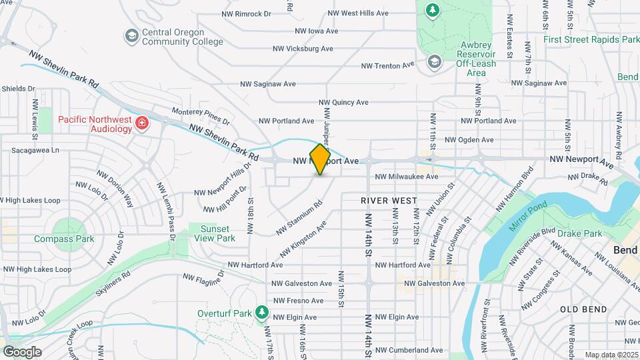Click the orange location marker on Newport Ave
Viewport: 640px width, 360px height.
320,159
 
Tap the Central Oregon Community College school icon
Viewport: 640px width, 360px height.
131,35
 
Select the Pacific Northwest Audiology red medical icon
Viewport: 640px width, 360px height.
141,123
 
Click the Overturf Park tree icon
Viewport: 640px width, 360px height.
262,312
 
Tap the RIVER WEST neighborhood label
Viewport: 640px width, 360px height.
389,200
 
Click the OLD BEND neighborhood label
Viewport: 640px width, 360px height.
583,309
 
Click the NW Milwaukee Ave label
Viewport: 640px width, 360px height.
407,177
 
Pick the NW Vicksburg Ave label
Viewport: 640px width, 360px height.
303,49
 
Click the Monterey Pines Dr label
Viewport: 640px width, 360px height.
200,117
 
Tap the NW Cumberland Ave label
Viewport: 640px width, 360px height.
409,350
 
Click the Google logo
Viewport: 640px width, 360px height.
22,351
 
